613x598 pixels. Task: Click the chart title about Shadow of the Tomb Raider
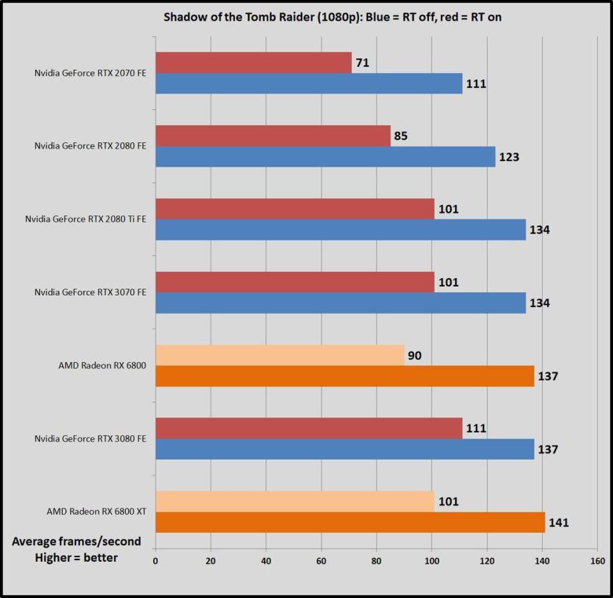coord(306,17)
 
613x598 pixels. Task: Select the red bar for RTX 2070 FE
coord(253,63)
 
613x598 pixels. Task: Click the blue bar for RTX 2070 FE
coord(309,83)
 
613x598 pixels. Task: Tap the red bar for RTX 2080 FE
coord(273,136)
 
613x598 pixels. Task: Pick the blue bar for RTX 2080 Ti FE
coord(340,229)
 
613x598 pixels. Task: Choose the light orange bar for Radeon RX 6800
coord(280,355)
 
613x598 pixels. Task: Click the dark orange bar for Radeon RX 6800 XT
coord(350,522)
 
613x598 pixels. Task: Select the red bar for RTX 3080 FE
coord(309,428)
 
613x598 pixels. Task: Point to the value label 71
coord(362,63)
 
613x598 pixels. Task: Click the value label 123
coord(508,156)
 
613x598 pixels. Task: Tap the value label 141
coord(558,522)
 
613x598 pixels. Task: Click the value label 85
coord(401,136)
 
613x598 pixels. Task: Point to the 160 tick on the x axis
coord(597,561)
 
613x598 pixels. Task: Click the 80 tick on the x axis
coord(376,561)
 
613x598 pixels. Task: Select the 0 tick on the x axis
coord(156,561)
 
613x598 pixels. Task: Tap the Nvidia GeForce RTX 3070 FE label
coord(90,292)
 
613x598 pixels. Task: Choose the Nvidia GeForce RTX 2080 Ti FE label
coord(86,219)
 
